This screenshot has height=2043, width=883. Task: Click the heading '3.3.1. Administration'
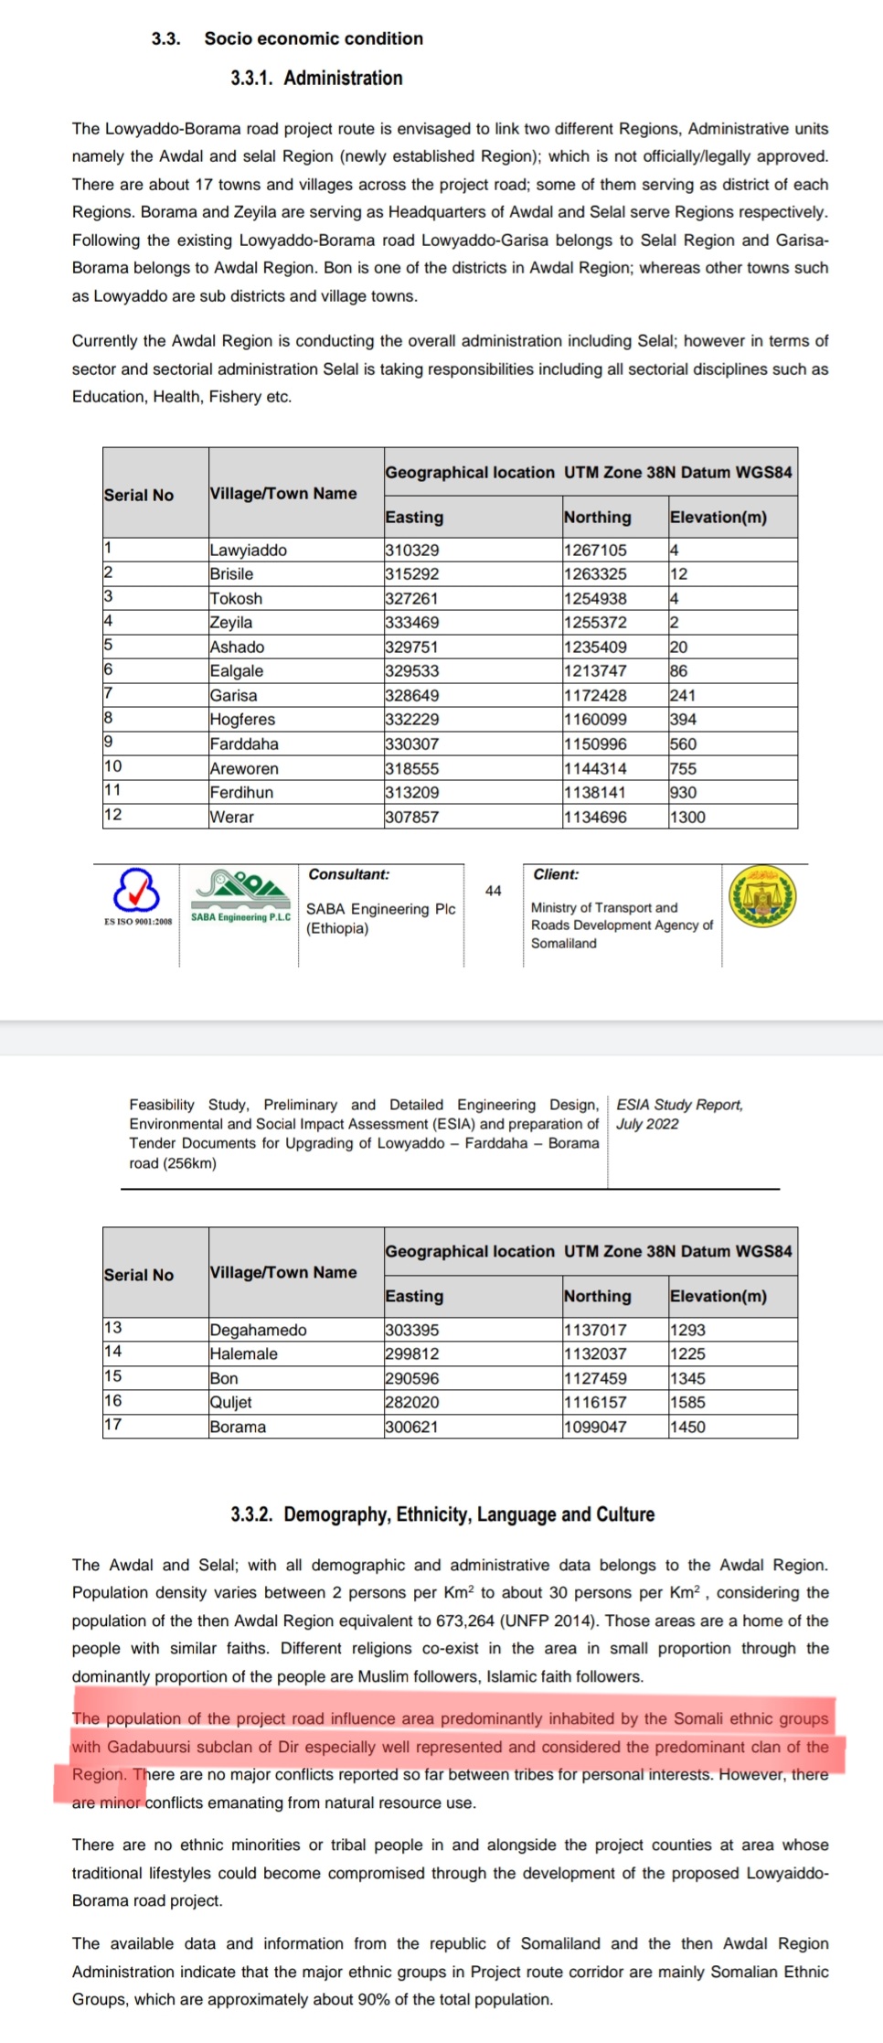tap(315, 79)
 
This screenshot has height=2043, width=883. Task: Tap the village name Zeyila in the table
tap(231, 623)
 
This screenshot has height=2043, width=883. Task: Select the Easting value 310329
tap(412, 551)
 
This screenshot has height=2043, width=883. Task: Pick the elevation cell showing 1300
tap(687, 818)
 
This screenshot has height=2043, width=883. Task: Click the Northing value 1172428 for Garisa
tap(595, 696)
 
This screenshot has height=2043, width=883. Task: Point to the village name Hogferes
tap(242, 720)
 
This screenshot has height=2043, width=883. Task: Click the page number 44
tap(494, 891)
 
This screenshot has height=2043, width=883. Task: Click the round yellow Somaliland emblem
tap(762, 897)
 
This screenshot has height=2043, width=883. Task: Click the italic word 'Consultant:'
tap(348, 874)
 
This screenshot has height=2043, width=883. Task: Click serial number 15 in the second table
tap(112, 1376)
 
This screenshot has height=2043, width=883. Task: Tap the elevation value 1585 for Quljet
tap(687, 1403)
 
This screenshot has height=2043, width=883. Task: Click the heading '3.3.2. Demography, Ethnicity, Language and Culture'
tap(442, 1514)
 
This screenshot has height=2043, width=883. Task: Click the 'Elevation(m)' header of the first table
tap(718, 518)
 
